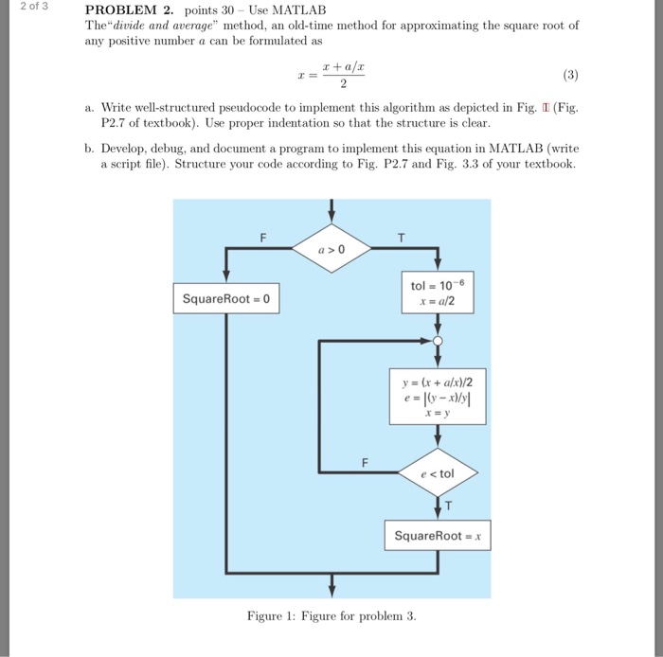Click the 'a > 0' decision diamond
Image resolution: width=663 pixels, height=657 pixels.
(331, 249)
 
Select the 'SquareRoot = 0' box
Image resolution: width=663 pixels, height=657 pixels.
(226, 299)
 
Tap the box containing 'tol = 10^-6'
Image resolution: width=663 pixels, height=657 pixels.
(437, 292)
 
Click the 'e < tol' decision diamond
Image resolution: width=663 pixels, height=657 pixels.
(437, 472)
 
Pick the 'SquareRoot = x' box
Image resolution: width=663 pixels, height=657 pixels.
(437, 536)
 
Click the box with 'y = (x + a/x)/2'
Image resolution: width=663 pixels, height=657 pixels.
(437, 397)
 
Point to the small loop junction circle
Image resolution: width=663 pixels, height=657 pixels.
(437, 340)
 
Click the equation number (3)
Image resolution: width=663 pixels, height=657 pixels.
(569, 74)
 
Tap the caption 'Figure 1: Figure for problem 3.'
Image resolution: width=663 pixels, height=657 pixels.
(331, 616)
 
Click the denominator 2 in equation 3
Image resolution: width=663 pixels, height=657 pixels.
(331, 81)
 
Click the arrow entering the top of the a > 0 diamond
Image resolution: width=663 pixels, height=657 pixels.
(331, 211)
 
